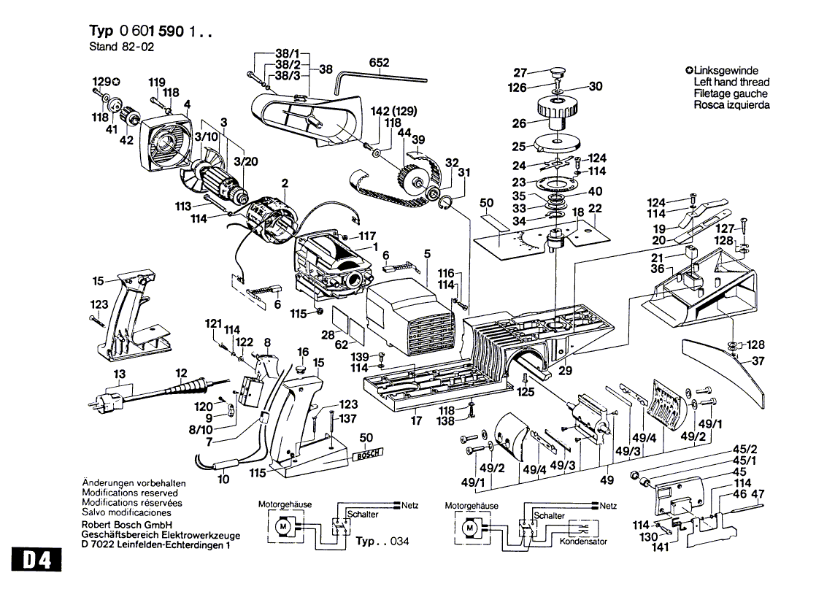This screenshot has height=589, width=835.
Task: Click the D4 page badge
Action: [36, 563]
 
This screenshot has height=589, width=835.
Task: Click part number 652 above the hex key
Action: [379, 63]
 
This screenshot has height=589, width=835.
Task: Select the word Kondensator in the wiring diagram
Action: [582, 542]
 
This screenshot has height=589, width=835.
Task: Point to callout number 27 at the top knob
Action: [520, 72]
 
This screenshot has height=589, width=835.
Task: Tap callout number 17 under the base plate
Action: [416, 420]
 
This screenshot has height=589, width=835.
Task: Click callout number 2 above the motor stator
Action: [285, 182]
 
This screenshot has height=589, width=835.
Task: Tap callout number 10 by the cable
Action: [223, 479]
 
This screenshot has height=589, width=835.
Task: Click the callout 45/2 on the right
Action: [744, 448]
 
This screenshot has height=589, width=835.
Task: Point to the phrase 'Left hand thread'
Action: [731, 82]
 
